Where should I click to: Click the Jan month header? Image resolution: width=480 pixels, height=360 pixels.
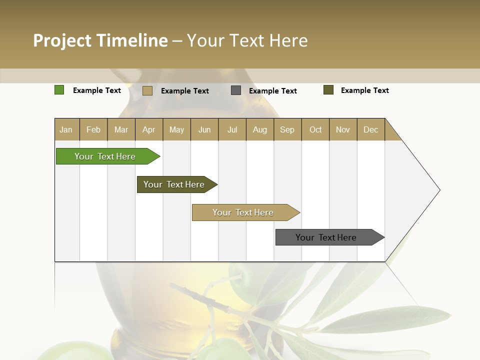coord(66,129)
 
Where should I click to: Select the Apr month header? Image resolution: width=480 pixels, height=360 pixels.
coord(148,129)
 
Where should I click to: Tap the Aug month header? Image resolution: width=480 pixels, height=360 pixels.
coord(259,129)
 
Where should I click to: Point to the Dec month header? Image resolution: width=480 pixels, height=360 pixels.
coord(370,129)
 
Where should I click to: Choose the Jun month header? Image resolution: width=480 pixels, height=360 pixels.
coord(204,129)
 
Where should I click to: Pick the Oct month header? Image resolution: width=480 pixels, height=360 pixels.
coord(315,129)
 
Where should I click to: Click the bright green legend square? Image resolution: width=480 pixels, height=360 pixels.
coord(59,90)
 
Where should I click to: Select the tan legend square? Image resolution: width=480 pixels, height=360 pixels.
coord(147,90)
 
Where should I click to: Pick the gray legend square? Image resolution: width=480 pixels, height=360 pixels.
coord(235,90)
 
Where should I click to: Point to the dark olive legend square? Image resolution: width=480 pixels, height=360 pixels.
coord(328,90)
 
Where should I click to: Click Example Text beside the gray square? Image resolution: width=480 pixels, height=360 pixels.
coord(272,91)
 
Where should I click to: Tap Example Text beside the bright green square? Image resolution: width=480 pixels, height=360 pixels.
coord(96,90)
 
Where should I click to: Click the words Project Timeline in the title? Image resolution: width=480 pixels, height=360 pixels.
coord(100,40)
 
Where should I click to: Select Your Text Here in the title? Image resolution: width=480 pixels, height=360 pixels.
coord(247,40)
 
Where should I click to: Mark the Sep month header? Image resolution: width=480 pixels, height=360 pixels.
coord(287,129)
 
